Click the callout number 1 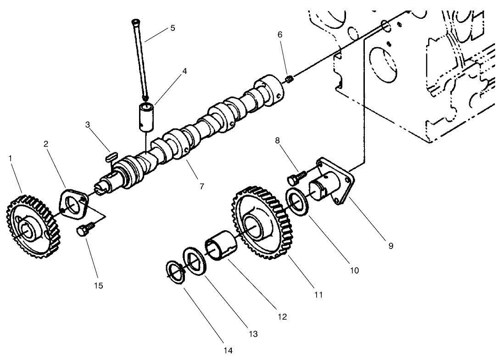(x=10, y=158)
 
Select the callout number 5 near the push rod (x=173, y=28)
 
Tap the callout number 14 (x=228, y=351)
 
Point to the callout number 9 (x=391, y=246)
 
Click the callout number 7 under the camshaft (x=201, y=187)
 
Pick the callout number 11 (x=318, y=295)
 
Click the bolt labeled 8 (x=298, y=175)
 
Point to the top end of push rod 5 (x=136, y=22)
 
